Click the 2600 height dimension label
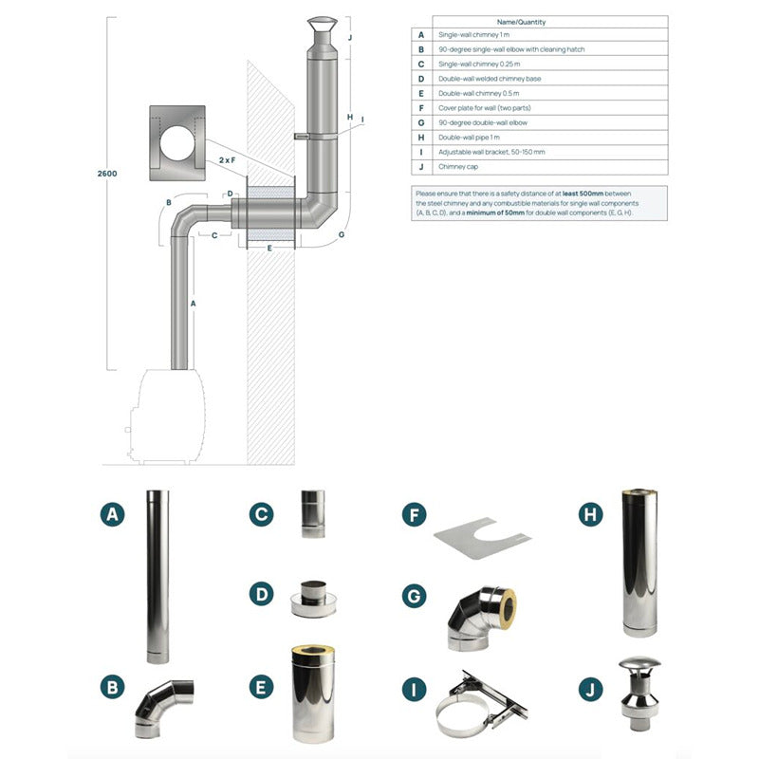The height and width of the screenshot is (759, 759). tap(107, 174)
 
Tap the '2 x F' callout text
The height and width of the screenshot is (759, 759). tap(227, 159)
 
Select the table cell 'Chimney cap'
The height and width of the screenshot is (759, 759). tap(458, 167)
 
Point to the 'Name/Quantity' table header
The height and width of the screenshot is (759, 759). tap(521, 22)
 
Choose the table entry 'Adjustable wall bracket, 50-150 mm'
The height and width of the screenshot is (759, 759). tap(491, 152)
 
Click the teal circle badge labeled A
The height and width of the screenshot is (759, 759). tap(112, 514)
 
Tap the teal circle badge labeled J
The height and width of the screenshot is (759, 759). tap(590, 690)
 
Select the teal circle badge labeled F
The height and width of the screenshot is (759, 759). tap(415, 514)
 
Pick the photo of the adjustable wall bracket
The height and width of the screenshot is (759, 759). tap(481, 703)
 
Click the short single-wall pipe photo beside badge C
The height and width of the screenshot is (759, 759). tap(313, 513)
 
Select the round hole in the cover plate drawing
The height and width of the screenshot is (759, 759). tap(177, 143)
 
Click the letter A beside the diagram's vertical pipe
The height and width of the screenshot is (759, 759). tap(194, 304)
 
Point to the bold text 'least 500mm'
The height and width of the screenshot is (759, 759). tap(583, 194)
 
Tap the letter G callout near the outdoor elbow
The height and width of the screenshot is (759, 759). tap(342, 234)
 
